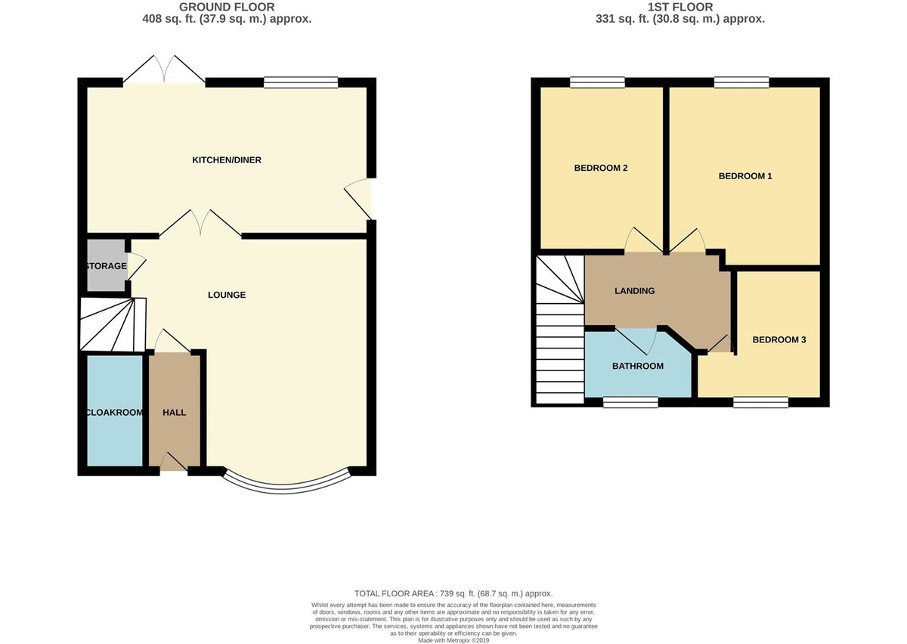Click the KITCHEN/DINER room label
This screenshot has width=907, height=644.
coord(227,160)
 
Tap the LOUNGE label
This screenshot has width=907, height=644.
coord(227,295)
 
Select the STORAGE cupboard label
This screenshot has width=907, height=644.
coord(106,266)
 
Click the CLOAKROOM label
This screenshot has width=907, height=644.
coord(113,413)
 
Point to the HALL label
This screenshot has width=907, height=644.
coord(175,413)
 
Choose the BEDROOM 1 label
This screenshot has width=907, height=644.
coord(744,176)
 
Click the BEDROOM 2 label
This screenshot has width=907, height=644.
coord(601,169)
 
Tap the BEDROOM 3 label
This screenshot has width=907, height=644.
coord(779,340)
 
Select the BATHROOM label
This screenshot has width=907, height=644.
coord(637,367)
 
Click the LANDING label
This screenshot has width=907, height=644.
coord(634,291)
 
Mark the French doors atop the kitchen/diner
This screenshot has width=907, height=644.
coord(165,69)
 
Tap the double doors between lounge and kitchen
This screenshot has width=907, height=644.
coord(200,224)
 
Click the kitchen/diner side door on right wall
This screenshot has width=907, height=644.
coord(359,199)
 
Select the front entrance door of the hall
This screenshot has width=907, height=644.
coord(173,462)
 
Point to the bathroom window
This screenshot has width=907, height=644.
coord(630,403)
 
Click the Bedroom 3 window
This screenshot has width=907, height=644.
coord(760,403)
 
